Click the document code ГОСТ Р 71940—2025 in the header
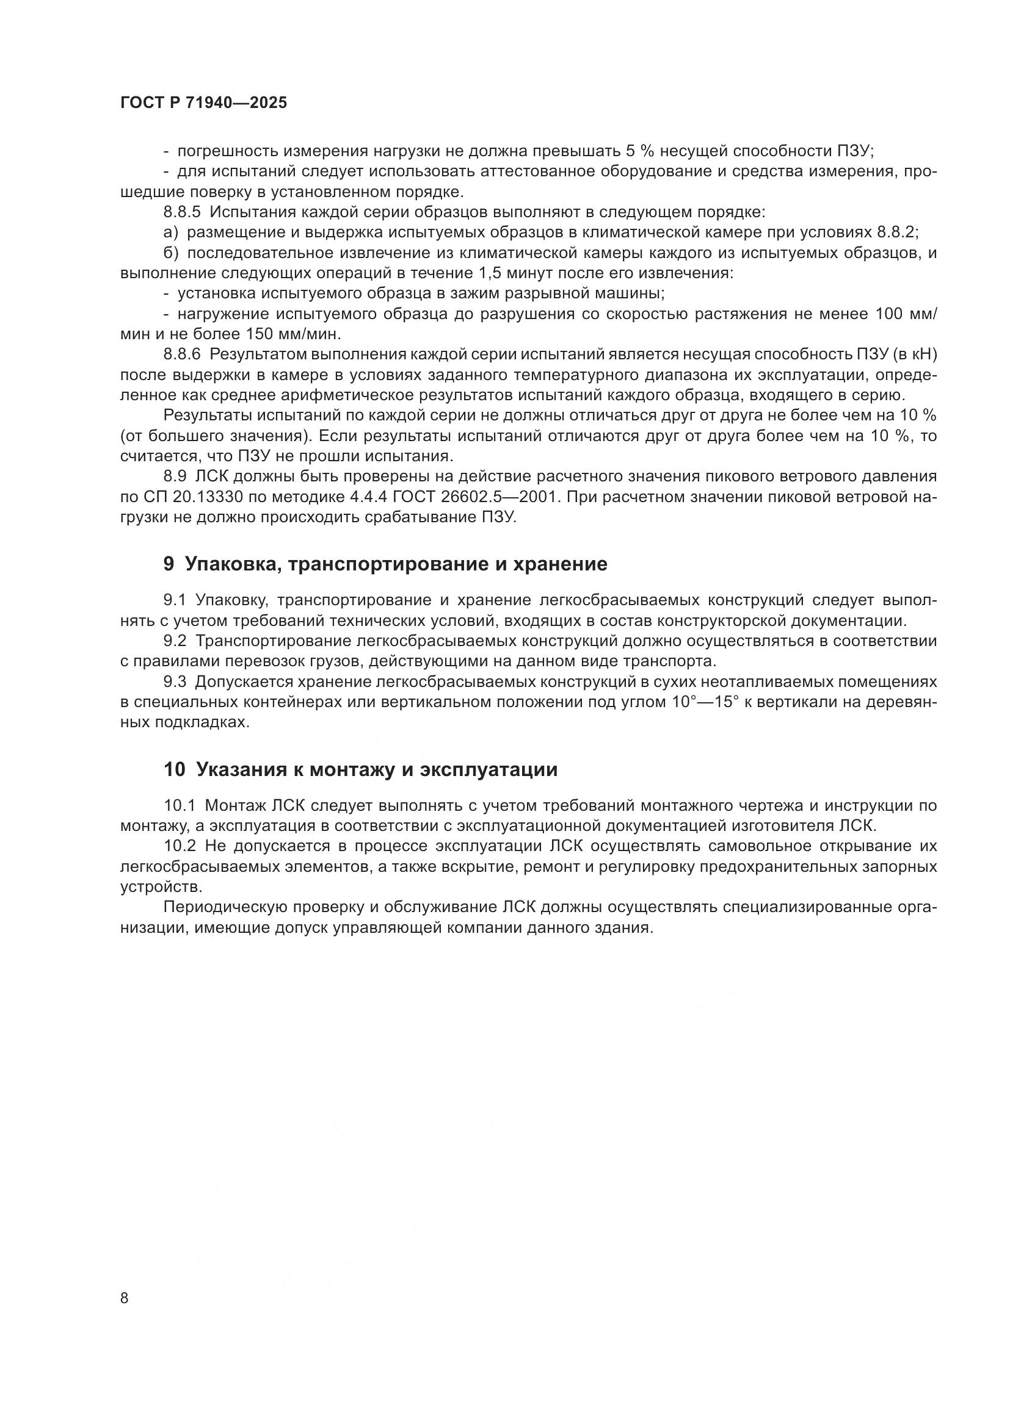pyautogui.click(x=203, y=102)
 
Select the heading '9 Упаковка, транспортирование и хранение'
pyautogui.click(x=385, y=564)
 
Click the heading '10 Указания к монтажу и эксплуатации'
pyautogui.click(x=360, y=769)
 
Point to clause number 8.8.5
pyautogui.click(x=182, y=212)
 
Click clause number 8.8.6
pyautogui.click(x=182, y=354)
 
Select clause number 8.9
pyautogui.click(x=175, y=476)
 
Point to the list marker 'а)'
pyautogui.click(x=170, y=232)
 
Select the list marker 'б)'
pyautogui.click(x=170, y=253)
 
